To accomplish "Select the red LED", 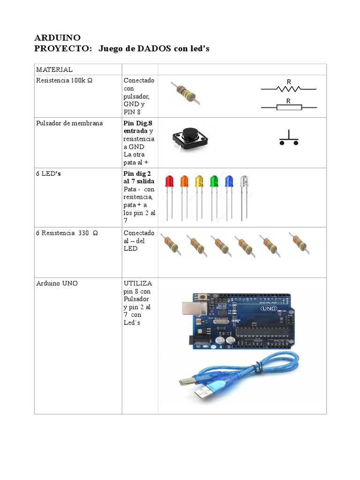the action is point(169,182).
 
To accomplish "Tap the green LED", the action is point(214,182).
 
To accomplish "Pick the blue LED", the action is point(229,182).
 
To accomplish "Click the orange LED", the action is point(184,182).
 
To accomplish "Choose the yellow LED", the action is point(199,182).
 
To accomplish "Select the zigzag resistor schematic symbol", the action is point(289,88).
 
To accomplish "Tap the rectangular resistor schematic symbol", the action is point(289,107).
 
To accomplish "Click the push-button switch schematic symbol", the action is point(290,139).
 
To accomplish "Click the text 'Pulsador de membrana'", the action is point(69,123).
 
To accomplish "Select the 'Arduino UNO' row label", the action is point(57,284).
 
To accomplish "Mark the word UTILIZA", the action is point(138,284).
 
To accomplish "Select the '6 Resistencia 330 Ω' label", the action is point(67,233).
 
